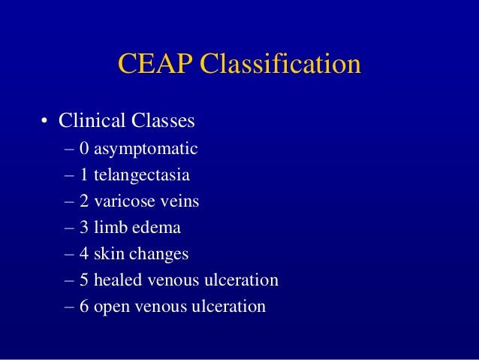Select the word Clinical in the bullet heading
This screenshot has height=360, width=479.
pos(89,120)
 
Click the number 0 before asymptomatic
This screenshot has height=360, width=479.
pos(83,149)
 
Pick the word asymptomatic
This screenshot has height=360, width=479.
pos(146,149)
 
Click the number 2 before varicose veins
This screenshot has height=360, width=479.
pos(83,201)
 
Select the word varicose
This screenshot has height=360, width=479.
pos(121,201)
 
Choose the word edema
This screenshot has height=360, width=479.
pos(154,227)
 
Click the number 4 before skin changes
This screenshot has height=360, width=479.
pos(83,254)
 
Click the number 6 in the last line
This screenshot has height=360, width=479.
pos(83,307)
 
